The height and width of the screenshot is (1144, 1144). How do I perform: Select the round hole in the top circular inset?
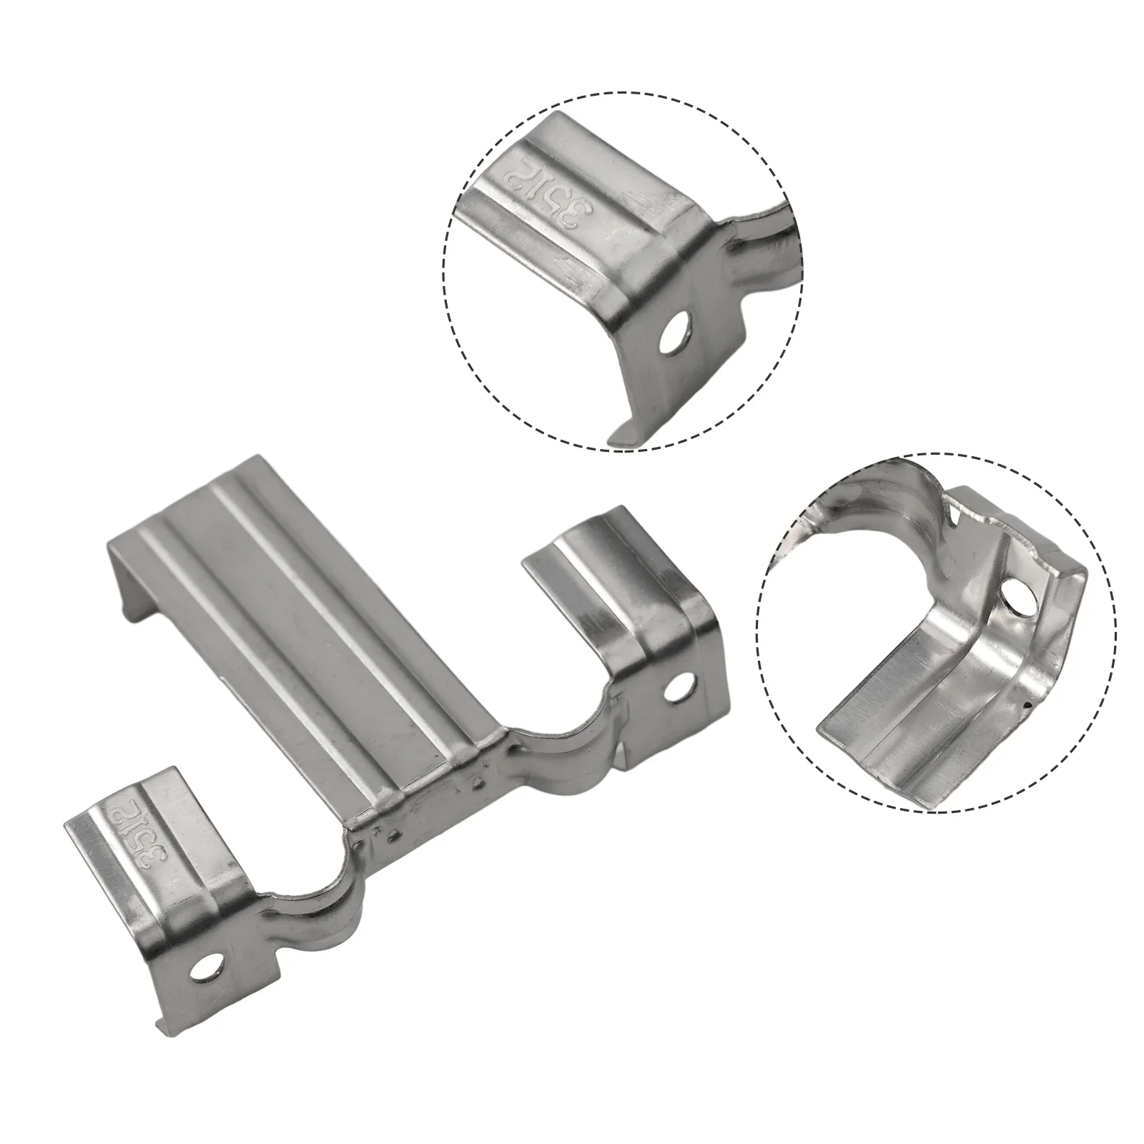[x=674, y=334]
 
